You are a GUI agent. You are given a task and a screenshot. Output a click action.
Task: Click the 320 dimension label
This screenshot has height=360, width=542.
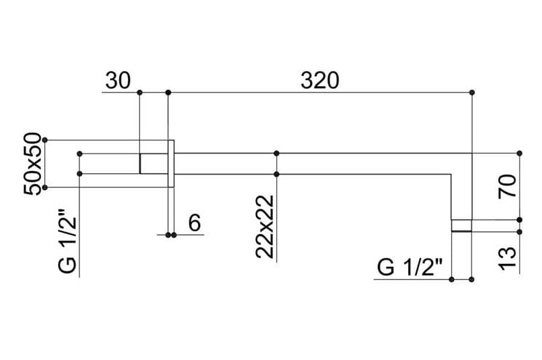pyautogui.click(x=319, y=81)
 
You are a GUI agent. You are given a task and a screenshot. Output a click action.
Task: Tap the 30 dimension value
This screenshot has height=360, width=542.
pyautogui.click(x=118, y=81)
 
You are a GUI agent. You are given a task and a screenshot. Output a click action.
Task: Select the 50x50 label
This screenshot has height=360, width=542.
pyautogui.click(x=33, y=164)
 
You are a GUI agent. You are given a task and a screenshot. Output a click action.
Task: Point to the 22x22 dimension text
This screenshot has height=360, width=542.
pyautogui.click(x=265, y=227)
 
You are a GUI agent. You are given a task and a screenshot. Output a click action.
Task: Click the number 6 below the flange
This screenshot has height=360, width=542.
pyautogui.click(x=194, y=223)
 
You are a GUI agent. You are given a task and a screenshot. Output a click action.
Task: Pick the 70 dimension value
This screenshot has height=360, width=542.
pyautogui.click(x=507, y=187)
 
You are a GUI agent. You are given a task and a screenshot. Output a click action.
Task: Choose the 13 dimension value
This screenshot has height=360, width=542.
pyautogui.click(x=507, y=258)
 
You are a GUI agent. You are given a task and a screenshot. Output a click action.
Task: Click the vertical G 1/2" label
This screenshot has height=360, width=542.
pyautogui.click(x=67, y=241)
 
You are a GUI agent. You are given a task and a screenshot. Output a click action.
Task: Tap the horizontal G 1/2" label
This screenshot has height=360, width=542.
pyautogui.click(x=410, y=267)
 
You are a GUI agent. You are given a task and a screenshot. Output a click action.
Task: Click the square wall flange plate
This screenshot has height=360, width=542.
pyautogui.click(x=171, y=164)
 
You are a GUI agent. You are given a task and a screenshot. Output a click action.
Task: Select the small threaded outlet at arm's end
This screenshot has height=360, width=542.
pyautogui.click(x=461, y=225)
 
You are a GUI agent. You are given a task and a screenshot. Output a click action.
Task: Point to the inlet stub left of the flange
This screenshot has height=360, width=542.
pyautogui.click(x=154, y=164)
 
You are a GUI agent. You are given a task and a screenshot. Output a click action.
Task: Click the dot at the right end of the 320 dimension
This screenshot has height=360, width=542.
pyautogui.click(x=472, y=92)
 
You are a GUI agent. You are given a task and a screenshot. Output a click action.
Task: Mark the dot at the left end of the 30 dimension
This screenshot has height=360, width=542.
pyautogui.click(x=140, y=92)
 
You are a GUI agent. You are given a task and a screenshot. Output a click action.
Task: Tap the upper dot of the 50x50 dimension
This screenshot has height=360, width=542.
pyautogui.click(x=44, y=140)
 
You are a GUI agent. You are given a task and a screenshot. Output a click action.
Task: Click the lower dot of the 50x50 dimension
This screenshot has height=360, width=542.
pyautogui.click(x=44, y=188)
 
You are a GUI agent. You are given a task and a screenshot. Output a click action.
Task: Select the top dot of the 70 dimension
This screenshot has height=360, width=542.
pyautogui.click(x=519, y=153)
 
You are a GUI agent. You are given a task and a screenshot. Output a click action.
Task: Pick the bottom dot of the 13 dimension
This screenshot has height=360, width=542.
pyautogui.click(x=519, y=232)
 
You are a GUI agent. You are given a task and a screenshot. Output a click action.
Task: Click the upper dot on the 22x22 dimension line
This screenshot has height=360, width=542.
pyautogui.click(x=276, y=153)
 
